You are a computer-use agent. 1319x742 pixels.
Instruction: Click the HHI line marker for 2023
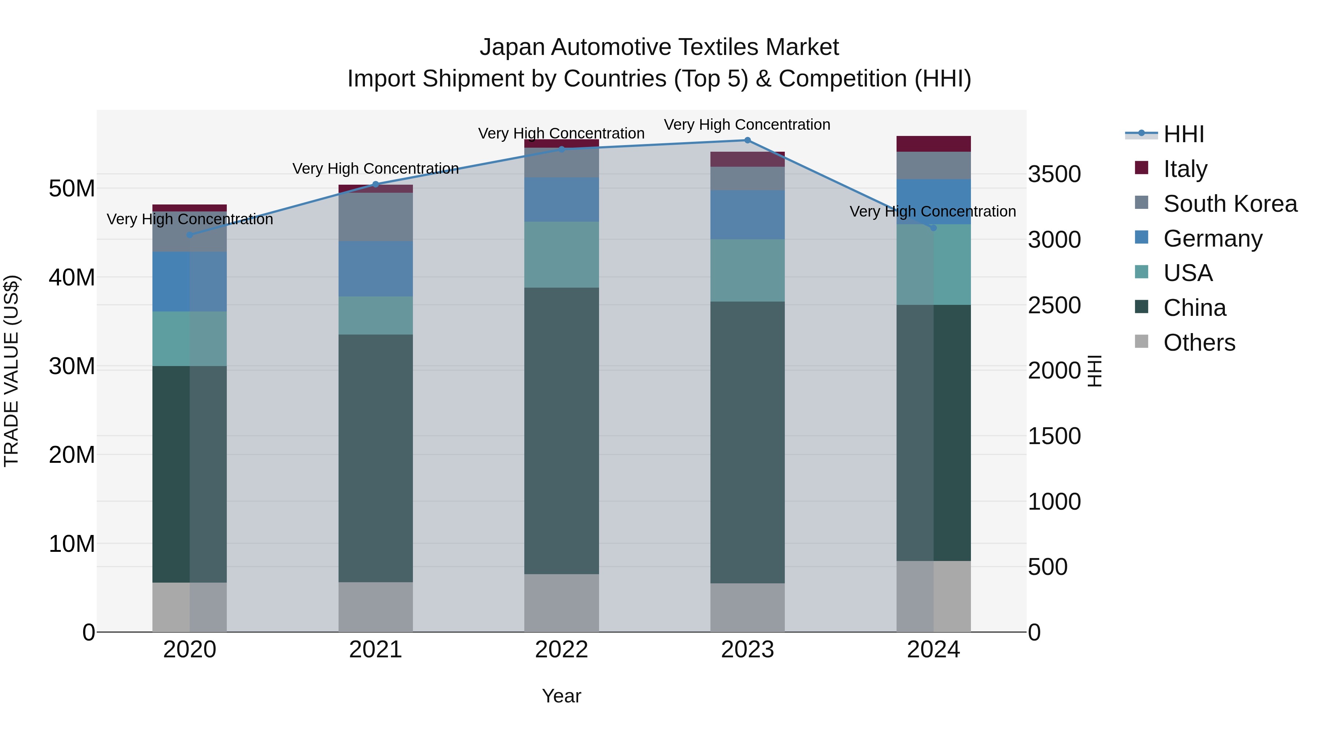click(747, 140)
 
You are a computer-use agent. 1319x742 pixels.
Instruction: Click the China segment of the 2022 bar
click(561, 430)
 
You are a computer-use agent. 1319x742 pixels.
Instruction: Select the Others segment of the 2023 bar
click(747, 607)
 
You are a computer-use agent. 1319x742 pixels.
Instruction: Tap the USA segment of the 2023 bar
click(747, 270)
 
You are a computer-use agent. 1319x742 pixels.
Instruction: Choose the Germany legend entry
click(1212, 239)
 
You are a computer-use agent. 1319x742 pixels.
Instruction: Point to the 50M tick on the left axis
click(72, 188)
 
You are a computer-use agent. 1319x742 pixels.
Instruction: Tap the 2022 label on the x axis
click(561, 650)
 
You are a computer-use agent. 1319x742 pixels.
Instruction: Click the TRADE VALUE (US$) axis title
click(11, 371)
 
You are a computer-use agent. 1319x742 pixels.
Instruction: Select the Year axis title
click(561, 696)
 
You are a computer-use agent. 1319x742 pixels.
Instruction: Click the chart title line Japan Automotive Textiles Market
click(659, 47)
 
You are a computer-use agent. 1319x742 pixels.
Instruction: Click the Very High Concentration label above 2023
click(747, 125)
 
